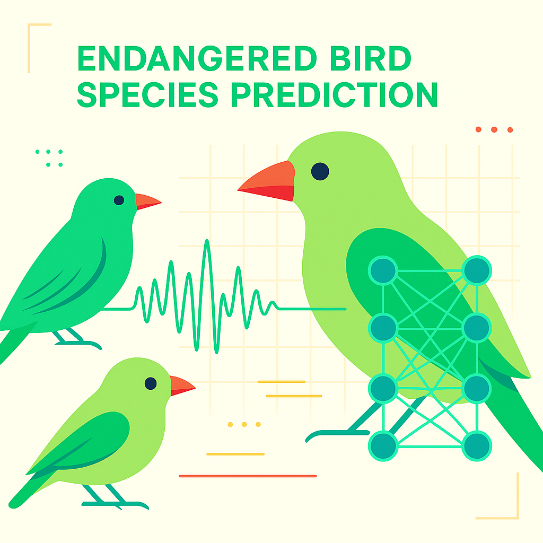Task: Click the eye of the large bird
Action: pyautogui.click(x=320, y=171)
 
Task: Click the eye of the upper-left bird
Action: pyautogui.click(x=119, y=200)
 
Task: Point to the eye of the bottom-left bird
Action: pyautogui.click(x=151, y=383)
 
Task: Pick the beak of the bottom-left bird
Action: pyautogui.click(x=181, y=386)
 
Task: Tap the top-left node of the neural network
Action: pyautogui.click(x=383, y=270)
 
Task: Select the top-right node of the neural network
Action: pyautogui.click(x=476, y=270)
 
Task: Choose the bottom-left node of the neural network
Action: pyautogui.click(x=383, y=445)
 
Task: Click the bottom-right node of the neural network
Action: pyautogui.click(x=476, y=445)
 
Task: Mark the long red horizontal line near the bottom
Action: pyautogui.click(x=248, y=476)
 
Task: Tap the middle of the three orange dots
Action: pyautogui.click(x=494, y=129)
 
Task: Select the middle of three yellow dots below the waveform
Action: pyautogui.click(x=244, y=424)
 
